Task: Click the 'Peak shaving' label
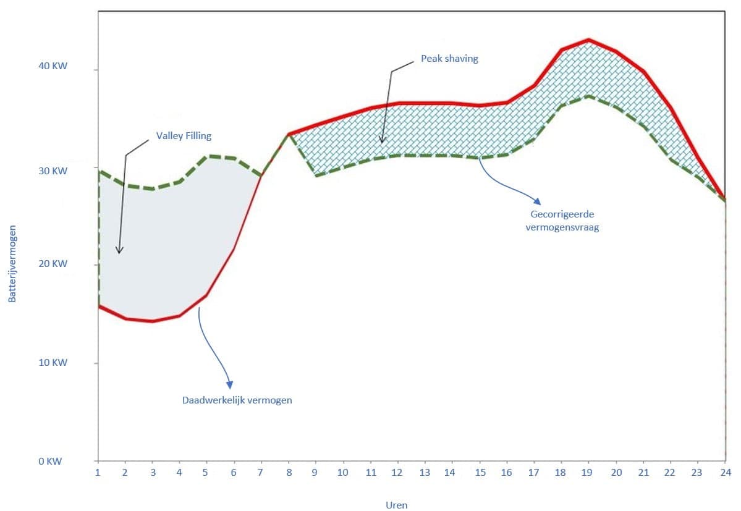tap(449, 59)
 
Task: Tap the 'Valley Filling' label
tap(184, 136)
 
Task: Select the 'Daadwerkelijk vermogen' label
tap(237, 400)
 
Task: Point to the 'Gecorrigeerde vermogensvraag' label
tap(562, 221)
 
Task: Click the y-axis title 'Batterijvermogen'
tap(12, 263)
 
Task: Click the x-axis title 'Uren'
tap(397, 505)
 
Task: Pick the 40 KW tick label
tap(53, 66)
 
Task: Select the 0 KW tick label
tap(50, 462)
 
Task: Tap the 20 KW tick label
tap(53, 263)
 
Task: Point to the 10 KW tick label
tap(53, 363)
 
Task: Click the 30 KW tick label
tap(53, 171)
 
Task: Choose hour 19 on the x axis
tap(587, 472)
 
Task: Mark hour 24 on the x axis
tap(726, 472)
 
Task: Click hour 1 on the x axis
tap(98, 472)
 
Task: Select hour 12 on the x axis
tap(397, 472)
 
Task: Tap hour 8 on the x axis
tap(289, 472)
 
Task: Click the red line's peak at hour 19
tap(588, 40)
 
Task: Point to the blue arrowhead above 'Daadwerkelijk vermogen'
tap(230, 385)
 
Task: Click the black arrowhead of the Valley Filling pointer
tap(119, 250)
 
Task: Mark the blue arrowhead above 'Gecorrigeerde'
tap(537, 201)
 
